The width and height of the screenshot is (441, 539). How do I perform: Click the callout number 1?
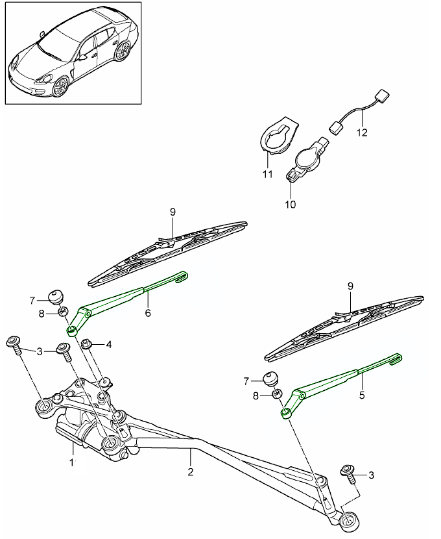click(x=73, y=462)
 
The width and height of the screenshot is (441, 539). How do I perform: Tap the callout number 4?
click(x=109, y=344)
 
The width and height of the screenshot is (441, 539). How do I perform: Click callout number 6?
click(x=148, y=313)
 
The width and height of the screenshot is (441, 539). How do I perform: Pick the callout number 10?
click(x=290, y=205)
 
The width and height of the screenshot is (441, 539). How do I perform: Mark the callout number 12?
click(x=361, y=132)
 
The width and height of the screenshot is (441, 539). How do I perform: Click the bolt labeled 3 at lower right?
click(x=348, y=473)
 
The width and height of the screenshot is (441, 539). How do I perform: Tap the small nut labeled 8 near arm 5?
click(x=276, y=394)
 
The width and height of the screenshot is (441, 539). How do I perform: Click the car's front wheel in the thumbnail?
click(x=60, y=86)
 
